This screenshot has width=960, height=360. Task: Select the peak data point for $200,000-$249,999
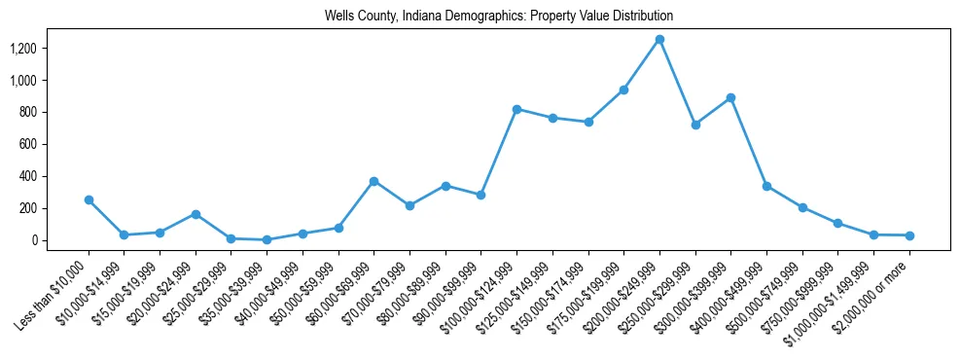click(x=659, y=39)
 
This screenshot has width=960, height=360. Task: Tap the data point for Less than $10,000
click(x=89, y=199)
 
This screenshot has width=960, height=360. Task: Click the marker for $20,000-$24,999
click(x=196, y=214)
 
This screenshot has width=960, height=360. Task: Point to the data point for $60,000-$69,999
click(x=373, y=181)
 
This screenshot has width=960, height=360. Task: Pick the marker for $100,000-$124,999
click(x=516, y=109)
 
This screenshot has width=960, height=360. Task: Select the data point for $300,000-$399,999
click(x=730, y=98)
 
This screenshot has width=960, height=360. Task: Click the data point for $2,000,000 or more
click(x=909, y=235)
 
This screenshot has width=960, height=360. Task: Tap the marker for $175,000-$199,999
click(x=623, y=90)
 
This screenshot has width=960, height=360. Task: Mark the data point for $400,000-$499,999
click(x=766, y=186)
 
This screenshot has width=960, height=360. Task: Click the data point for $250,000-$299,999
click(x=695, y=125)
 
